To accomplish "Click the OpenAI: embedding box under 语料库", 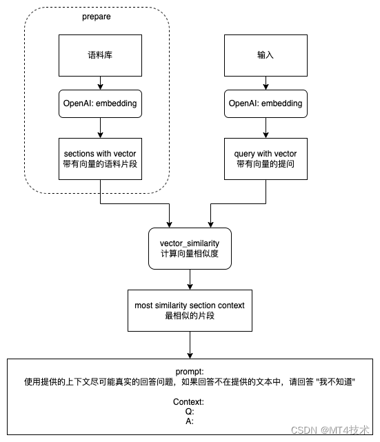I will click(101, 103).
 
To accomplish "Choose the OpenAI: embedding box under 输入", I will click(265, 103).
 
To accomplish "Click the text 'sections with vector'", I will click(101, 153).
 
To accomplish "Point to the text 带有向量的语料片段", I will click(101, 164).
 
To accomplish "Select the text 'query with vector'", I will click(265, 153).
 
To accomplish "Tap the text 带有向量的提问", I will click(265, 164).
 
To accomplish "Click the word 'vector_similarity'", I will click(190, 243).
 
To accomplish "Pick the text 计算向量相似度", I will click(190, 254).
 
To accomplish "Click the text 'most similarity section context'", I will click(190, 305).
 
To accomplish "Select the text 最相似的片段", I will click(190, 316).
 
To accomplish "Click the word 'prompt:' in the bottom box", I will click(190, 370).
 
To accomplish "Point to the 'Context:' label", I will click(190, 402).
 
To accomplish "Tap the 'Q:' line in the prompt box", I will click(190, 412).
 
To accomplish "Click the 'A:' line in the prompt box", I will click(190, 421).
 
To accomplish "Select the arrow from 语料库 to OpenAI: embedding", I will click(101, 83).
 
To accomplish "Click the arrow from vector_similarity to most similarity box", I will click(190, 279).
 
